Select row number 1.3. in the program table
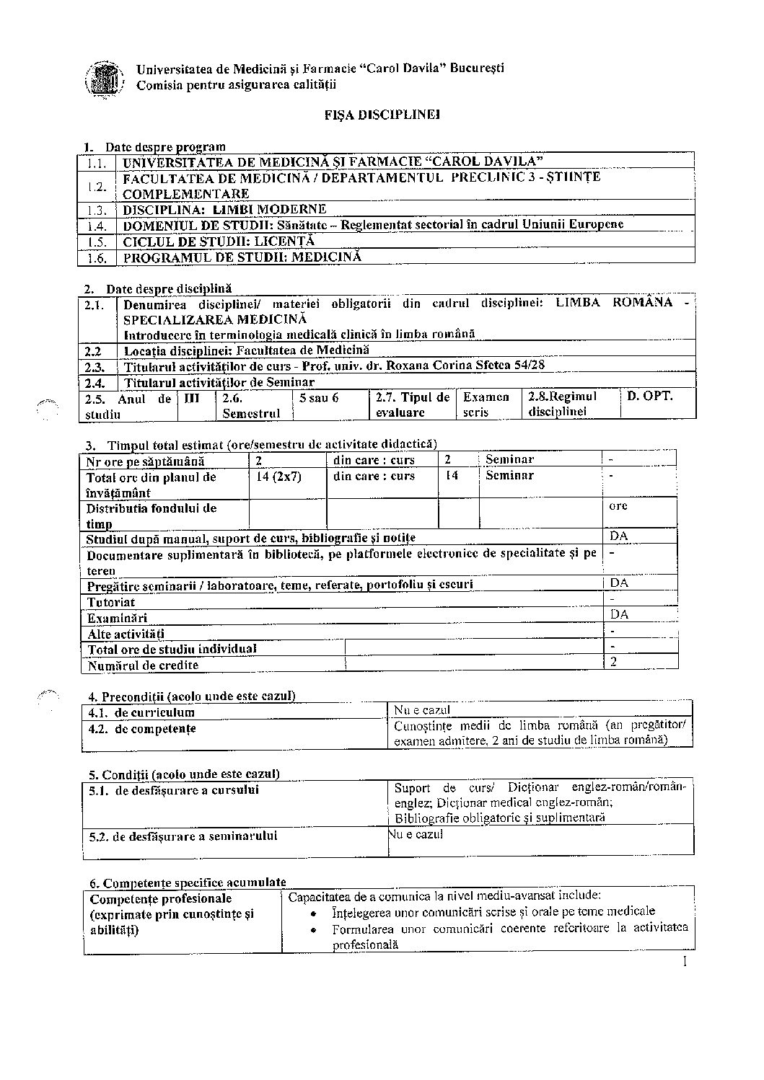[x=97, y=210]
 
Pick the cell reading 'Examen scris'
[x=486, y=404]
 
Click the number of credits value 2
[x=614, y=660]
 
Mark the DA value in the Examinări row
[x=619, y=614]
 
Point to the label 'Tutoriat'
[x=111, y=602]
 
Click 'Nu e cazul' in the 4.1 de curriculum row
[x=422, y=710]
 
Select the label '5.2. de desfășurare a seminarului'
[x=183, y=837]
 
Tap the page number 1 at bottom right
[x=683, y=962]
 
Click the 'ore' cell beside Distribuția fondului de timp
[x=618, y=505]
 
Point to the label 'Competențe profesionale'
[x=160, y=899]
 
